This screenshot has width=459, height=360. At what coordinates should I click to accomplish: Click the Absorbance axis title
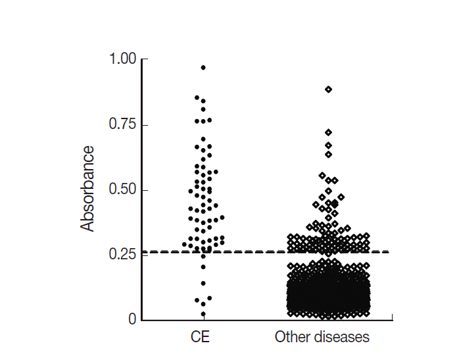click(87, 189)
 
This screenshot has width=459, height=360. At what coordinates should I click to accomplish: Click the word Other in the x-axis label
click(291, 338)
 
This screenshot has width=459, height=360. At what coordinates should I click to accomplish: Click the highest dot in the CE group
click(203, 67)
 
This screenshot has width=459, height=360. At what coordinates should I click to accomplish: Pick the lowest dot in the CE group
click(203, 313)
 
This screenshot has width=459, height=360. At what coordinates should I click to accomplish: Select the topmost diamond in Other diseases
click(328, 89)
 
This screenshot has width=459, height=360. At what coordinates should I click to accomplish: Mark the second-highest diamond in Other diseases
click(328, 132)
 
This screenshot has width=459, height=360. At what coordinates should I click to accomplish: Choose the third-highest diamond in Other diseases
click(328, 145)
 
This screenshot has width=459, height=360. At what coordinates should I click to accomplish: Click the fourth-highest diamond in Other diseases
click(328, 155)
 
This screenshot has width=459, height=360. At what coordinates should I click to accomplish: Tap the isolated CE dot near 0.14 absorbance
click(203, 284)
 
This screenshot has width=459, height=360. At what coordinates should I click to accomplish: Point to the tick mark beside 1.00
click(140, 60)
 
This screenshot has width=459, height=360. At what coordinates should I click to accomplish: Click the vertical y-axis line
click(143, 197)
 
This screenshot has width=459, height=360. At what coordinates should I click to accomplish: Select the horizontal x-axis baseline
click(263, 320)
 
